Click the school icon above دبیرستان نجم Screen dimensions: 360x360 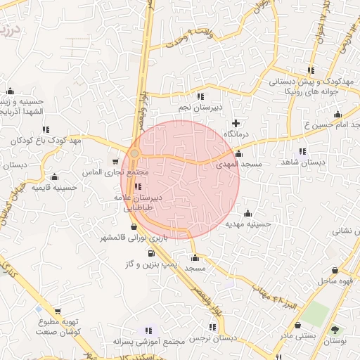(x=200, y=96)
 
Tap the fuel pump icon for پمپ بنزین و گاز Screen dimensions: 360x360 (x=151, y=253)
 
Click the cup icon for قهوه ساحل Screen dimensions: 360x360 (x=334, y=270)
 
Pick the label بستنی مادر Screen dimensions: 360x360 (x=300, y=335)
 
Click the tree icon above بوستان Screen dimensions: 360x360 (x=333, y=330)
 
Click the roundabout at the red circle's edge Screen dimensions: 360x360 (x=134, y=153)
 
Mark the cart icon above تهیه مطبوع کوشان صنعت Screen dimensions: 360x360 (x=57, y=311)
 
